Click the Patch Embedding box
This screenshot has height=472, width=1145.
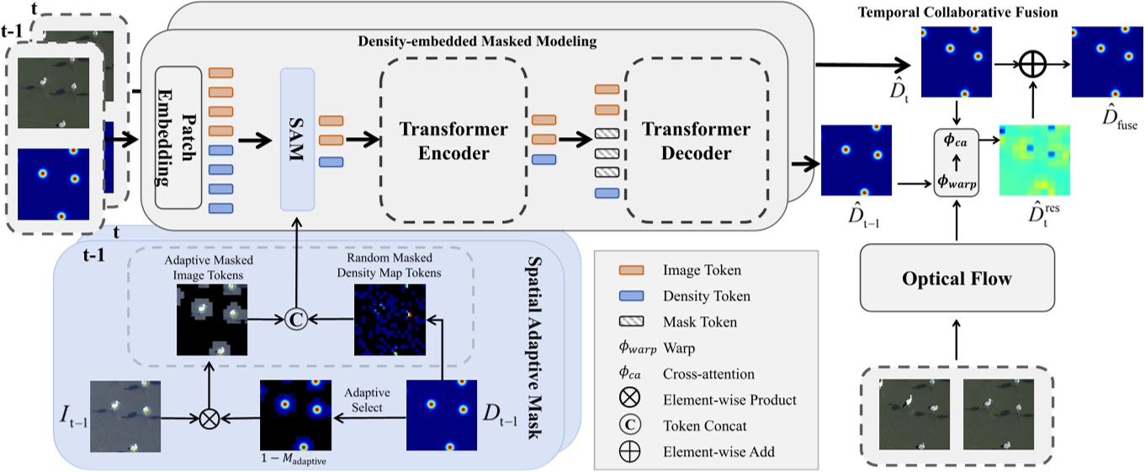pos(178,137)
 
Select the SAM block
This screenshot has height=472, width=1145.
pos(297,139)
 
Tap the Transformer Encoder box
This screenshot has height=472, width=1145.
pos(453,141)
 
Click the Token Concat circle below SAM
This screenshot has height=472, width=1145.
pos(295,320)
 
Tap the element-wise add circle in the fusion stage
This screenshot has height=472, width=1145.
pos(1033,62)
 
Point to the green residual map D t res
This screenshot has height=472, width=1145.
pos(1034,161)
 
